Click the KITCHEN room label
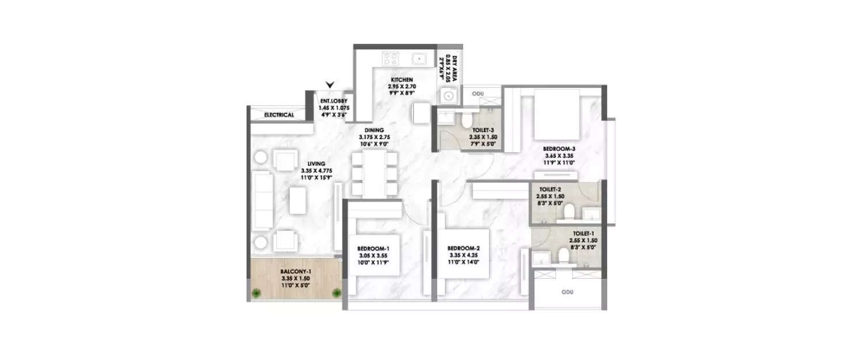pos(401,80)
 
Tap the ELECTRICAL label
pos(279,115)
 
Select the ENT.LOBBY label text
pos(335,101)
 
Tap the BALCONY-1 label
pos(296,270)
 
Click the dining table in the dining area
pos(376,173)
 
